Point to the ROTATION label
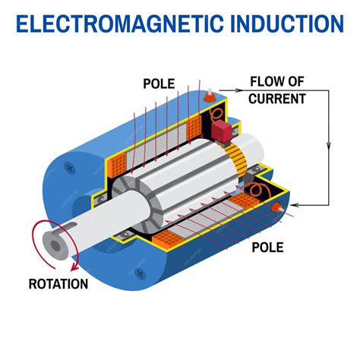tap(58, 286)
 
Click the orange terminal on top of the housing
tap(209, 96)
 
